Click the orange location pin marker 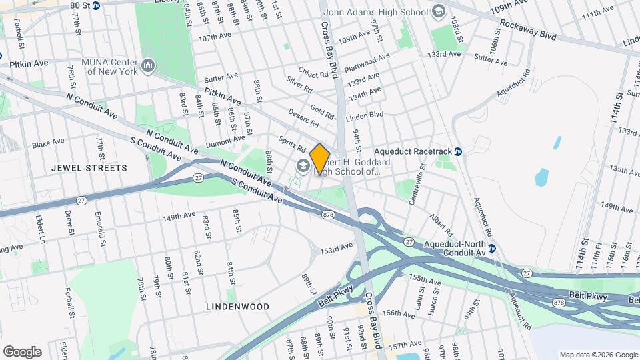click(x=320, y=159)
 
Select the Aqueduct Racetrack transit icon click(x=458, y=152)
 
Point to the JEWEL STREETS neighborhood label click(x=89, y=168)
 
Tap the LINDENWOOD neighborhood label click(x=238, y=306)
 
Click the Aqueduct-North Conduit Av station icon click(x=492, y=248)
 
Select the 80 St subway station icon click(x=95, y=5)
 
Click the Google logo click(x=22, y=351)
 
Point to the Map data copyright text click(x=597, y=354)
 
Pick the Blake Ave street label click(x=48, y=143)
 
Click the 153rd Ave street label click(x=337, y=247)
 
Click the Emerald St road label click(x=101, y=227)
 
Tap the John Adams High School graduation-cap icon click(x=438, y=11)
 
